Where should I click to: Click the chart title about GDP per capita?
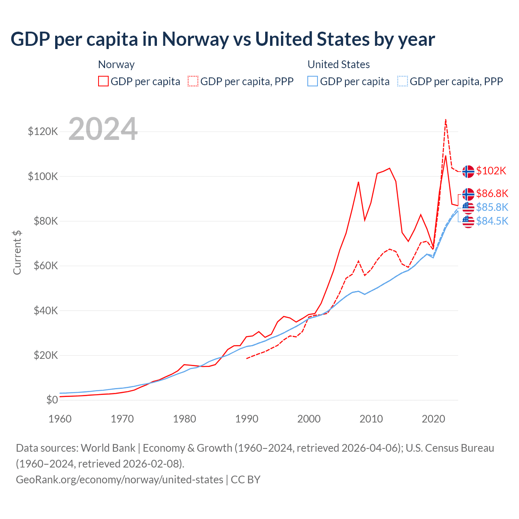pyautogui.click(x=223, y=39)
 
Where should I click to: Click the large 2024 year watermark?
pyautogui.click(x=103, y=129)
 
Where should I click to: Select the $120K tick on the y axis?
pyautogui.click(x=43, y=132)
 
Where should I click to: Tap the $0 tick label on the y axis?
pyautogui.click(x=52, y=400)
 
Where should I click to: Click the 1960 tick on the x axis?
pyautogui.click(x=60, y=419)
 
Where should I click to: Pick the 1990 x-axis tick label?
pyautogui.click(x=247, y=419)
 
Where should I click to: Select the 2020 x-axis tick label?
pyautogui.click(x=433, y=419)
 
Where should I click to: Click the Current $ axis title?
pyautogui.click(x=17, y=252)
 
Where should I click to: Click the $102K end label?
pyautogui.click(x=491, y=171)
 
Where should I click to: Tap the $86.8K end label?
pyautogui.click(x=492, y=193)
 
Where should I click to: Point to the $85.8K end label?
pyautogui.click(x=492, y=207)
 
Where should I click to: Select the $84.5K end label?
pyautogui.click(x=492, y=221)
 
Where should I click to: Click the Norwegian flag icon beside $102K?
pyautogui.click(x=468, y=172)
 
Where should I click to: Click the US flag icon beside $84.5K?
pyautogui.click(x=468, y=222)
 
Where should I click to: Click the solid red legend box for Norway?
pyautogui.click(x=103, y=81)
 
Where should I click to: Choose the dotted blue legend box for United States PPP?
pyautogui.click(x=403, y=81)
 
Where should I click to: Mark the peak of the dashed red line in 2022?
pyautogui.click(x=446, y=119)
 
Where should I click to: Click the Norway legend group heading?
pyautogui.click(x=116, y=64)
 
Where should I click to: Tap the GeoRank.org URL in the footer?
pyautogui.click(x=120, y=480)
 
